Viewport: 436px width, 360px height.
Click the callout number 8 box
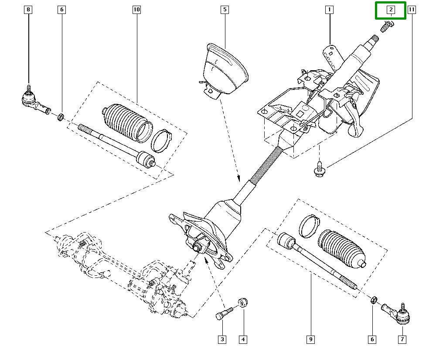pos(29,9)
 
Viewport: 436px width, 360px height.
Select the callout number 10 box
pos(136,9)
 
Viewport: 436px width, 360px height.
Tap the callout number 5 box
pos(224,9)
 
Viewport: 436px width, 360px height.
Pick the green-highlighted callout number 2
pos(391,10)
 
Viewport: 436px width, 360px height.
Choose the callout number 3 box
pos(222,339)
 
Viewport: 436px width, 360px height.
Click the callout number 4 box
pos(243,339)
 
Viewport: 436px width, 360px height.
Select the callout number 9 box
pos(310,339)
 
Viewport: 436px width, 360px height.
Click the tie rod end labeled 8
pos(33,100)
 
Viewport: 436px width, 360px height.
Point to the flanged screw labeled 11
pos(319,170)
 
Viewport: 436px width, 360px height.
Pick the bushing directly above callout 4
pos(243,302)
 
